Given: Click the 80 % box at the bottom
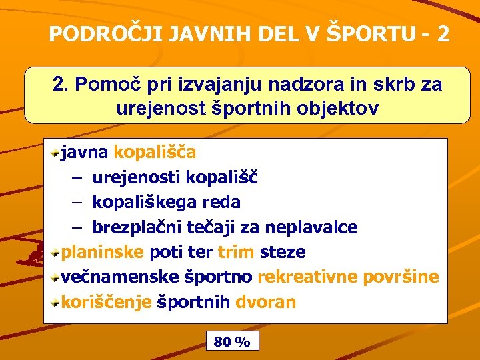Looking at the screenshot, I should coord(232,342).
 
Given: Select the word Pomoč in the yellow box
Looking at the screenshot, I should coord(103,85).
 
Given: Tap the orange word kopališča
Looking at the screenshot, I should coord(155,152).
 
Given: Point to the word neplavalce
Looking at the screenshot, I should coord(311,227).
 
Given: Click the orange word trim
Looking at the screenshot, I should coord(235,252).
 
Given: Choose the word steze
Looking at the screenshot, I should coord(283,252).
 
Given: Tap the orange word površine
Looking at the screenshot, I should coord(401,277).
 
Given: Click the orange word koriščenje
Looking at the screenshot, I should coord(106,302).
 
